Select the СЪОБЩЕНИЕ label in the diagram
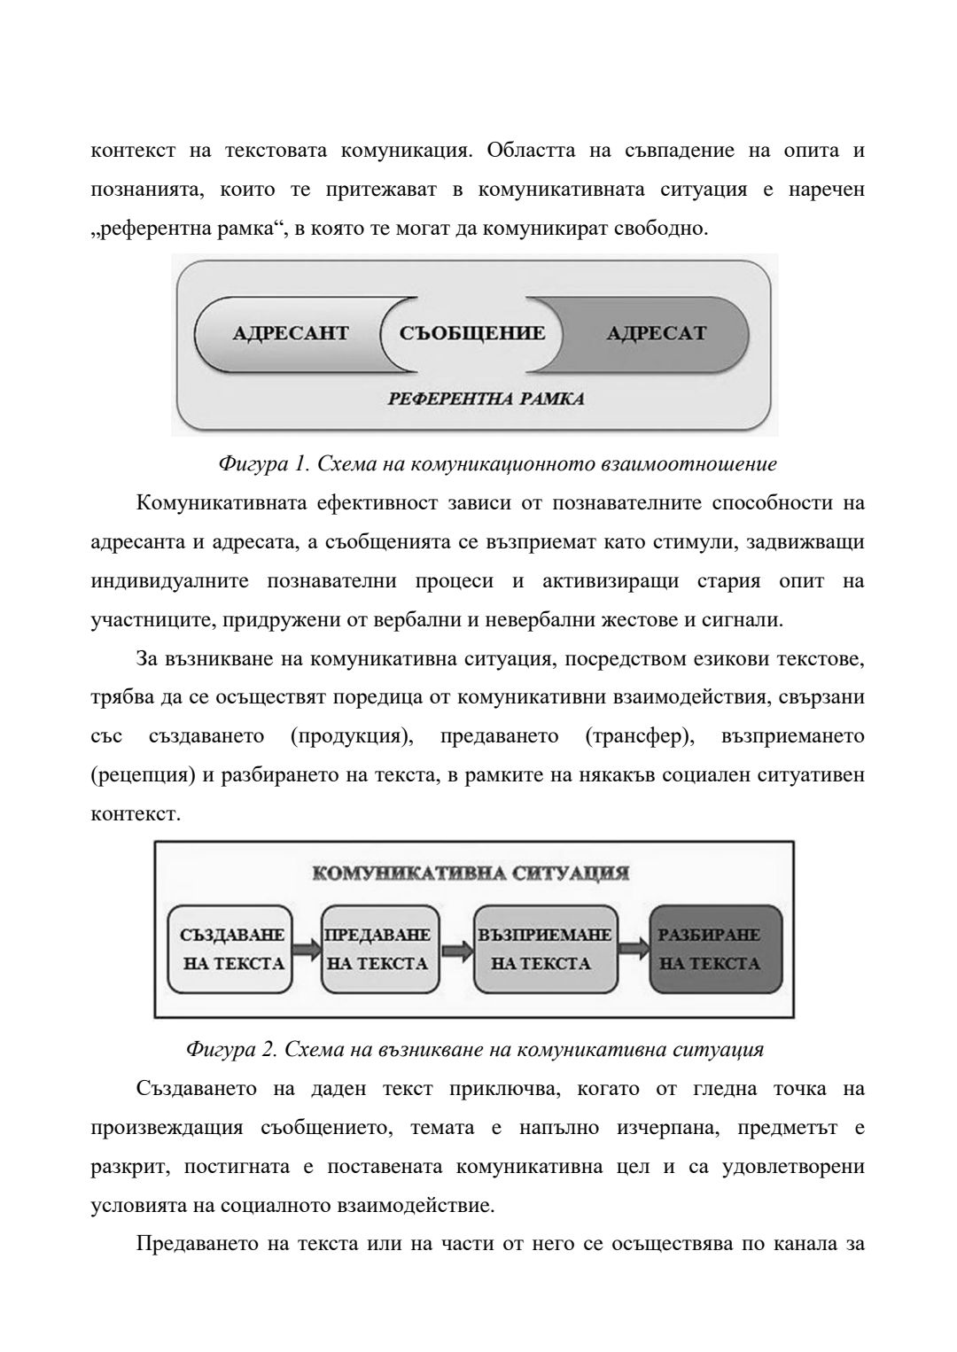tap(471, 334)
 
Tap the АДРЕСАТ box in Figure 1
tap(657, 334)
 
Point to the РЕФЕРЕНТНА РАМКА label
tap(486, 399)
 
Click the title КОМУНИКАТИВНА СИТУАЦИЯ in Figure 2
tap(471, 874)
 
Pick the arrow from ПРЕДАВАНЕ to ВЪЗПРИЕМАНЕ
tap(456, 949)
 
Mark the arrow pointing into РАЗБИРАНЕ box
tap(633, 949)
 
